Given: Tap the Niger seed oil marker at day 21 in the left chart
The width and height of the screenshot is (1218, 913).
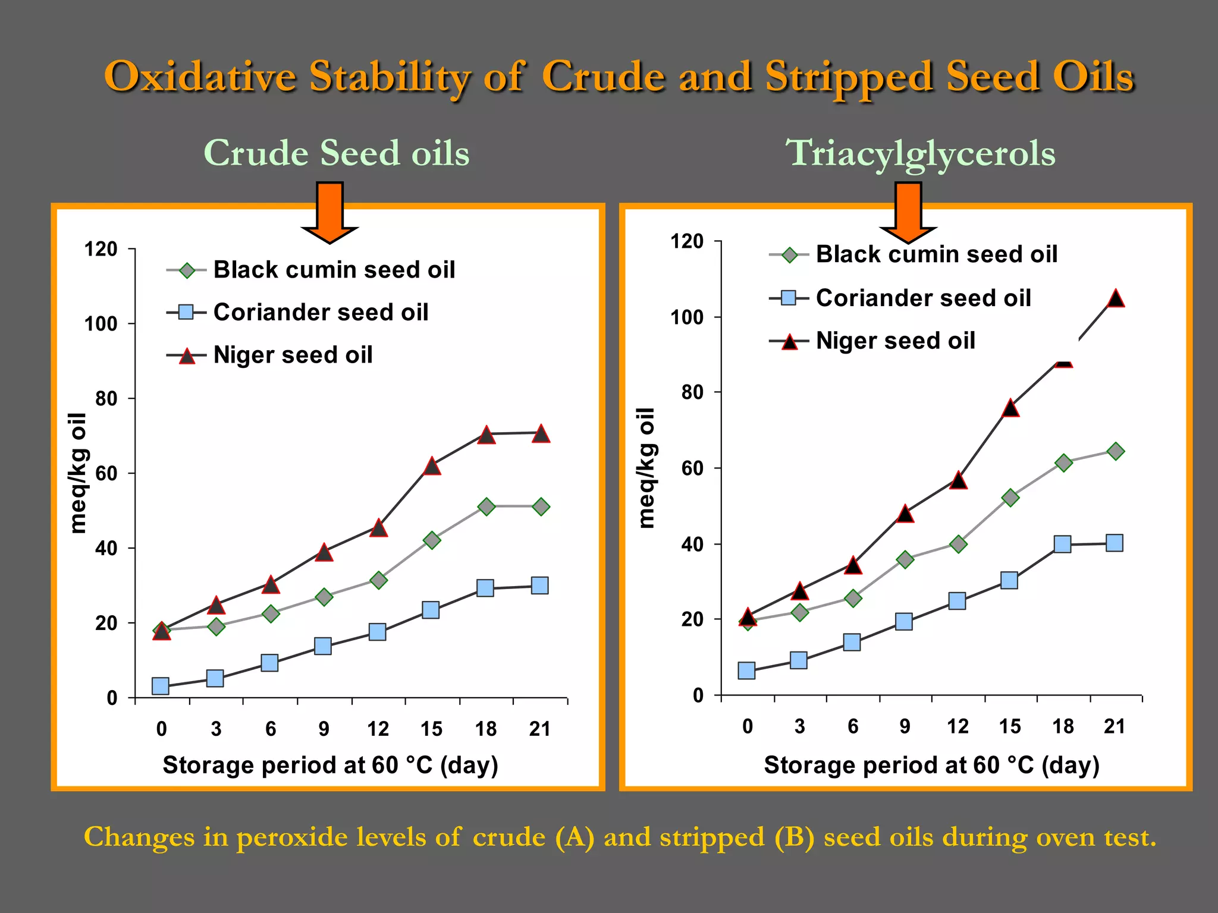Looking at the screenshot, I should point(541,434).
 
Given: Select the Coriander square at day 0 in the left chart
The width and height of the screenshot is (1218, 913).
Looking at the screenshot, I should point(161,686).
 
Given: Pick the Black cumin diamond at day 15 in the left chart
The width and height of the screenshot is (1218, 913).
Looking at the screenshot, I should point(432,540).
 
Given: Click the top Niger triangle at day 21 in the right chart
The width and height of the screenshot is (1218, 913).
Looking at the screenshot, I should point(1116,298).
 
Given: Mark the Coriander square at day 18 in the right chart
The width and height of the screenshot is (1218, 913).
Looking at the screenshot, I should point(1063,544).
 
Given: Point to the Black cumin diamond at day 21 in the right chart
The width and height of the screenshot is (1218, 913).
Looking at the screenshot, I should point(1116,451).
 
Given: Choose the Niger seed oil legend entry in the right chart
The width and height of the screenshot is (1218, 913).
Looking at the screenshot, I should point(895,341).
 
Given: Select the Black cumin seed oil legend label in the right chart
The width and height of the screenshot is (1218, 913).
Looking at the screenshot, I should point(936,254).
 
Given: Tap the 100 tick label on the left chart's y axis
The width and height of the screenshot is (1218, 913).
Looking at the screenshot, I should point(101,324).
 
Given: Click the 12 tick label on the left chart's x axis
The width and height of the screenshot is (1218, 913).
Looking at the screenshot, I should point(378,729).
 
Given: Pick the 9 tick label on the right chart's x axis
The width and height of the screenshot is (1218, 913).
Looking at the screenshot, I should point(905,726).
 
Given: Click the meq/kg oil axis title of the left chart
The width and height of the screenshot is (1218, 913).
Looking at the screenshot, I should point(79,473).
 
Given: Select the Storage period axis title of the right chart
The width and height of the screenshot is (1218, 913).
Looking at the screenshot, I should point(931,765).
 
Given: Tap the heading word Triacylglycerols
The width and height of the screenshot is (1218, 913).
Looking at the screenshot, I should point(921,153).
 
